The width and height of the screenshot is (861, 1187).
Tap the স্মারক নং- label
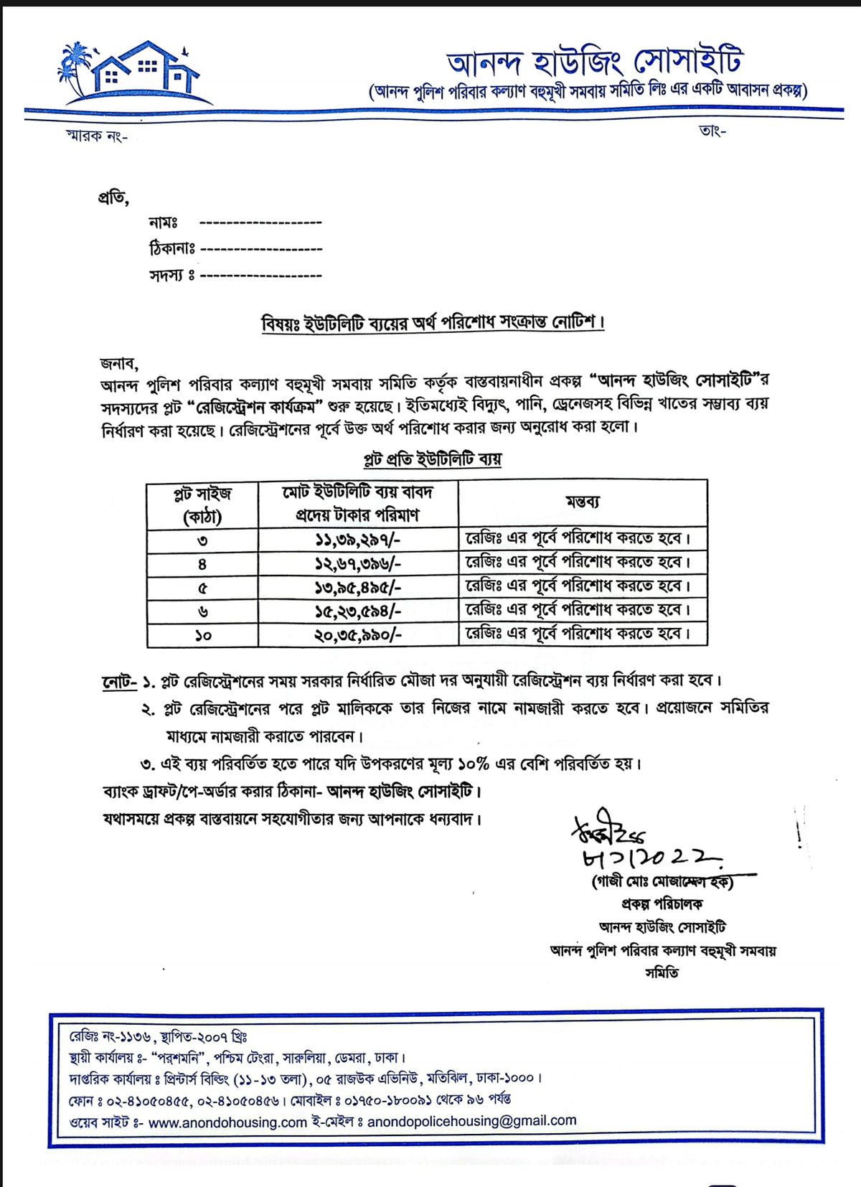(x=97, y=136)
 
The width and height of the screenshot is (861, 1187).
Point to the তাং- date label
(x=712, y=131)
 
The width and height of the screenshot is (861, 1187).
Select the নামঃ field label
(x=164, y=222)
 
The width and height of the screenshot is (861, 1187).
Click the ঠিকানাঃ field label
(x=172, y=248)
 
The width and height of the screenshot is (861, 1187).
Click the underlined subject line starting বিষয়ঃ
(x=433, y=323)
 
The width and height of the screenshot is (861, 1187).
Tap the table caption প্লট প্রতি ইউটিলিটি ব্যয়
(x=432, y=459)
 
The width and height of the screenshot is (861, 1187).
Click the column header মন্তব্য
(x=582, y=502)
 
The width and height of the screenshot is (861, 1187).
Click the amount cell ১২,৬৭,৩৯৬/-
(x=357, y=563)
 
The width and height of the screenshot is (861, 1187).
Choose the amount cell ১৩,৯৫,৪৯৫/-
(x=357, y=587)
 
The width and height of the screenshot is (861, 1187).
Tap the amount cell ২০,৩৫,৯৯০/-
(x=357, y=634)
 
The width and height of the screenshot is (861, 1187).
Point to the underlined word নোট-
(x=118, y=680)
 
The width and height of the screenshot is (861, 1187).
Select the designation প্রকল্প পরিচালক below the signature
(x=662, y=904)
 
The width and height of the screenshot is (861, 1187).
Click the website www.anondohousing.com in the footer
(x=227, y=1122)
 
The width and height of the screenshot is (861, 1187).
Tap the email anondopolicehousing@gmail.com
(x=471, y=1120)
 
